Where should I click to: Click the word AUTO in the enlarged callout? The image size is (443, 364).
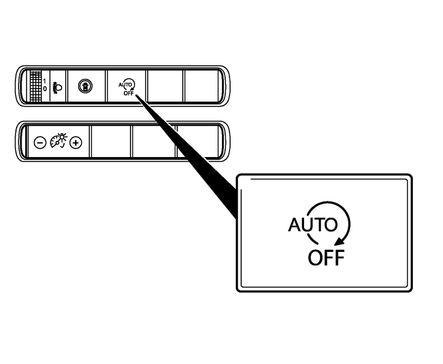[313, 225]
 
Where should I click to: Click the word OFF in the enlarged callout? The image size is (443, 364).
[326, 257]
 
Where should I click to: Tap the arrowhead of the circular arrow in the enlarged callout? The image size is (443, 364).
[339, 241]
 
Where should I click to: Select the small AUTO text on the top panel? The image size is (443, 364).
[125, 84]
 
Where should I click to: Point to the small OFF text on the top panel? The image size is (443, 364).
[129, 93]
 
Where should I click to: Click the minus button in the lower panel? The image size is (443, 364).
[40, 142]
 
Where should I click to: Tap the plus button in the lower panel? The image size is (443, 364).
[76, 142]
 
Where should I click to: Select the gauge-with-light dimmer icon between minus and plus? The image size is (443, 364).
[58, 140]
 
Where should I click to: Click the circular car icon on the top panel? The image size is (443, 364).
[85, 86]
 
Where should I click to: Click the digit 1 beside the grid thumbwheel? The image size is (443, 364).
[45, 81]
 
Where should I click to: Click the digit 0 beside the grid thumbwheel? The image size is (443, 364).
[45, 89]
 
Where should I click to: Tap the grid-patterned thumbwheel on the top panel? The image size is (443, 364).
[36, 86]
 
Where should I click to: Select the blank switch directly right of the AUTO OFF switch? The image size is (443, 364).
[166, 86]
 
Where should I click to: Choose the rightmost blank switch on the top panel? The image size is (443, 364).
[201, 86]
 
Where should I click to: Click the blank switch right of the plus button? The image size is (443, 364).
[111, 141]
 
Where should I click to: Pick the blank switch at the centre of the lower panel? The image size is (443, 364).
[154, 141]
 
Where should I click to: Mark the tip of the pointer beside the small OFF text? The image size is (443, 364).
[136, 95]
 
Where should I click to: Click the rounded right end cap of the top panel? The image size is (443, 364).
[225, 86]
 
